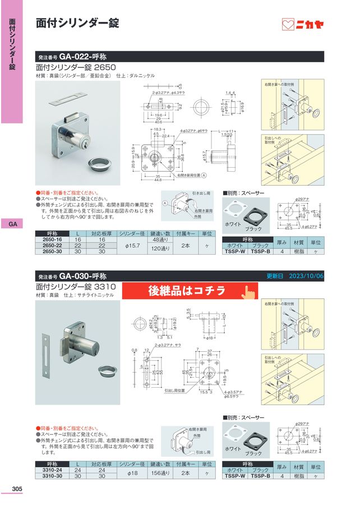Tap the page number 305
point(16,489)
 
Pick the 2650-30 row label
point(53,252)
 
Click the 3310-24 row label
point(53,470)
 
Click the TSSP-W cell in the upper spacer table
point(235,252)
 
